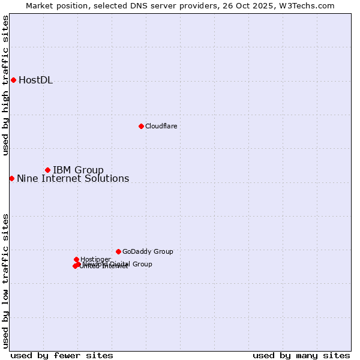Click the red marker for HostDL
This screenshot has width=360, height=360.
pyautogui.click(x=13, y=80)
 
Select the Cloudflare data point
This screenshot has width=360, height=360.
pyautogui.click(x=141, y=126)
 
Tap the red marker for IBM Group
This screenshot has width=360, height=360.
pyautogui.click(x=47, y=170)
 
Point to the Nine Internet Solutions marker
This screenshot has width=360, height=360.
pyautogui.click(x=11, y=178)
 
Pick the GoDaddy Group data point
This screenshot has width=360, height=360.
pyautogui.click(x=118, y=251)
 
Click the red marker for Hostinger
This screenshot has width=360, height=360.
pyautogui.click(x=76, y=259)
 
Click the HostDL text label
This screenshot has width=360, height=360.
pyautogui.click(x=35, y=80)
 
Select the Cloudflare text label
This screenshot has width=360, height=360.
pyautogui.click(x=161, y=126)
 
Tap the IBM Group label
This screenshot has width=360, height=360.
pyautogui.click(x=78, y=170)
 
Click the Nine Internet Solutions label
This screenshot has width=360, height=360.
pyautogui.click(x=73, y=179)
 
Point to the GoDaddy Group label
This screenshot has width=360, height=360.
pyautogui.click(x=148, y=252)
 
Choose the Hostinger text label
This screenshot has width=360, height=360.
pyautogui.click(x=95, y=259)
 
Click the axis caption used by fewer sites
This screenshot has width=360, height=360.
pyautogui.click(x=62, y=356)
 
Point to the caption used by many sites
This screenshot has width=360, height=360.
pyautogui.click(x=301, y=356)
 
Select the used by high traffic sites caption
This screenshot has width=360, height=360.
pyautogui.click(x=5, y=85)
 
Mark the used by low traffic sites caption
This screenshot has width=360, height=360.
pyautogui.click(x=5, y=280)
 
